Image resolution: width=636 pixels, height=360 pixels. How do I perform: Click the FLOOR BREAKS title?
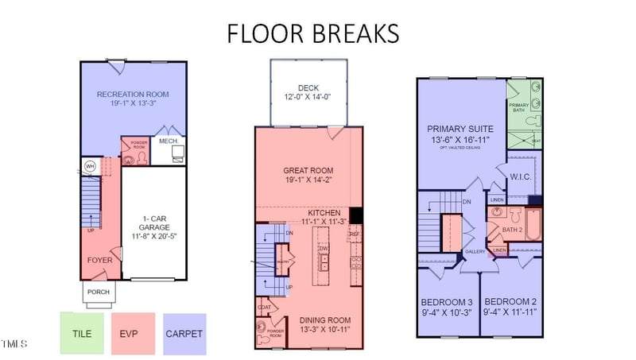[x=312, y=33]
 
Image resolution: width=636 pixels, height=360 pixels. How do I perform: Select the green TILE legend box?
[x=82, y=333]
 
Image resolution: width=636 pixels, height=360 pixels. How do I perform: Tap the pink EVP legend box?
[x=133, y=333]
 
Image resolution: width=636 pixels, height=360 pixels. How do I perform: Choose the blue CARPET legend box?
[x=184, y=333]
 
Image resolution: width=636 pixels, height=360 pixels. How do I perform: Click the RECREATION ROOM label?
[x=133, y=95]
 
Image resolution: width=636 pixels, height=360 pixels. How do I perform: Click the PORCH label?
[x=99, y=292]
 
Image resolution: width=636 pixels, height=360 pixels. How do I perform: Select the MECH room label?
[x=168, y=141]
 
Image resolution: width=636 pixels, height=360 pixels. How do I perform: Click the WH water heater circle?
[x=90, y=167]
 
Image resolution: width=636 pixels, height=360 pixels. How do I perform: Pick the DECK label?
[x=308, y=88]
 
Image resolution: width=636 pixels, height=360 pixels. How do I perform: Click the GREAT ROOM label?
[x=308, y=170]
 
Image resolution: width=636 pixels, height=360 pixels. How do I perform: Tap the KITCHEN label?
[x=324, y=214]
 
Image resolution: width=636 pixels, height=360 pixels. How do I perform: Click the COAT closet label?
[x=265, y=307]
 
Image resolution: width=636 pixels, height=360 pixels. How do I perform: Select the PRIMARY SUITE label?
[x=460, y=129]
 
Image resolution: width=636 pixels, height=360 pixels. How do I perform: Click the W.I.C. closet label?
[x=520, y=176]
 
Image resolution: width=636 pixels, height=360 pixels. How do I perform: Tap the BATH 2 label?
[x=513, y=230]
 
